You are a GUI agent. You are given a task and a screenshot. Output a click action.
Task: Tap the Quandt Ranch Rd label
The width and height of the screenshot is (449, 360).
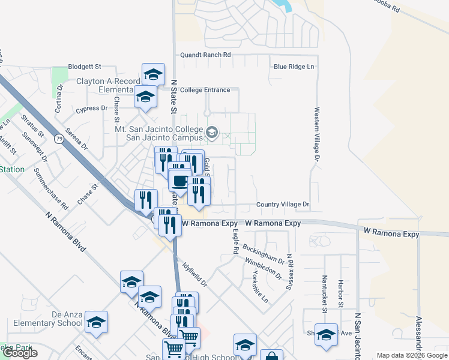tap(206, 55)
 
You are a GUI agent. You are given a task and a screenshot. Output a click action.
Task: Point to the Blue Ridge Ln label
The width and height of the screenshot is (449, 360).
tap(294, 67)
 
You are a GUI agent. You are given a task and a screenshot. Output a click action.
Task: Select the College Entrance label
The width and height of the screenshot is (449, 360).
tap(205, 90)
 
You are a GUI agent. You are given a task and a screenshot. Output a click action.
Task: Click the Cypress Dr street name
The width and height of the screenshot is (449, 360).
tap(91, 109)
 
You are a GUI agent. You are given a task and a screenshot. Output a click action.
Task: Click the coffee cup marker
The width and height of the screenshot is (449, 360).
tap(179, 180)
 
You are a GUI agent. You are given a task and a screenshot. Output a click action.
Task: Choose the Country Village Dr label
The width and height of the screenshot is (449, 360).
tap(283, 205)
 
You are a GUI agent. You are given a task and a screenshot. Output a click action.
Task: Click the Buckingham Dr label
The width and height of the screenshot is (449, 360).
tap(264, 253)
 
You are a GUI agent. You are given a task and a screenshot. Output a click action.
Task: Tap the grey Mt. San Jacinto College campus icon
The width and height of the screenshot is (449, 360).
tap(212, 132)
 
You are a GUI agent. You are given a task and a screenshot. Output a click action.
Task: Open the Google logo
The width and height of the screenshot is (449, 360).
tap(20, 353)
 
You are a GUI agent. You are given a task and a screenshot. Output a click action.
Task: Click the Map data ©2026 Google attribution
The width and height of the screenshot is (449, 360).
tap(411, 355)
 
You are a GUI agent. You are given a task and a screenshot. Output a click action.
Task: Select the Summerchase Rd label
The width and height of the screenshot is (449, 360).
tap(51, 188)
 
